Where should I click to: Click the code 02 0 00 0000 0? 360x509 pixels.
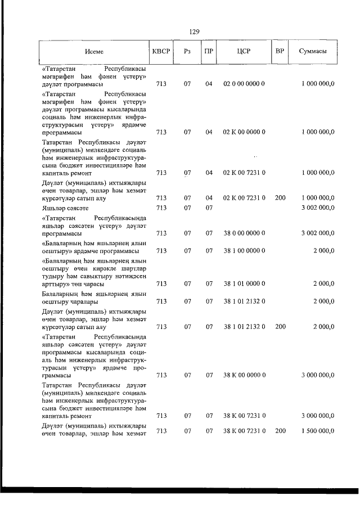244,84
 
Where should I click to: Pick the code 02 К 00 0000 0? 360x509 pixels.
244,132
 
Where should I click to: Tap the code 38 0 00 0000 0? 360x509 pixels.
244,233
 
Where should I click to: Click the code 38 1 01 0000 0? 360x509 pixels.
244,283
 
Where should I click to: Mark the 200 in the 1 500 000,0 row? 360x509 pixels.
280,431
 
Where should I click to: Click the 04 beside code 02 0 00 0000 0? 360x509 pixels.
209,84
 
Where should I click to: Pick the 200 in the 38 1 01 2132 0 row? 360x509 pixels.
280,326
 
